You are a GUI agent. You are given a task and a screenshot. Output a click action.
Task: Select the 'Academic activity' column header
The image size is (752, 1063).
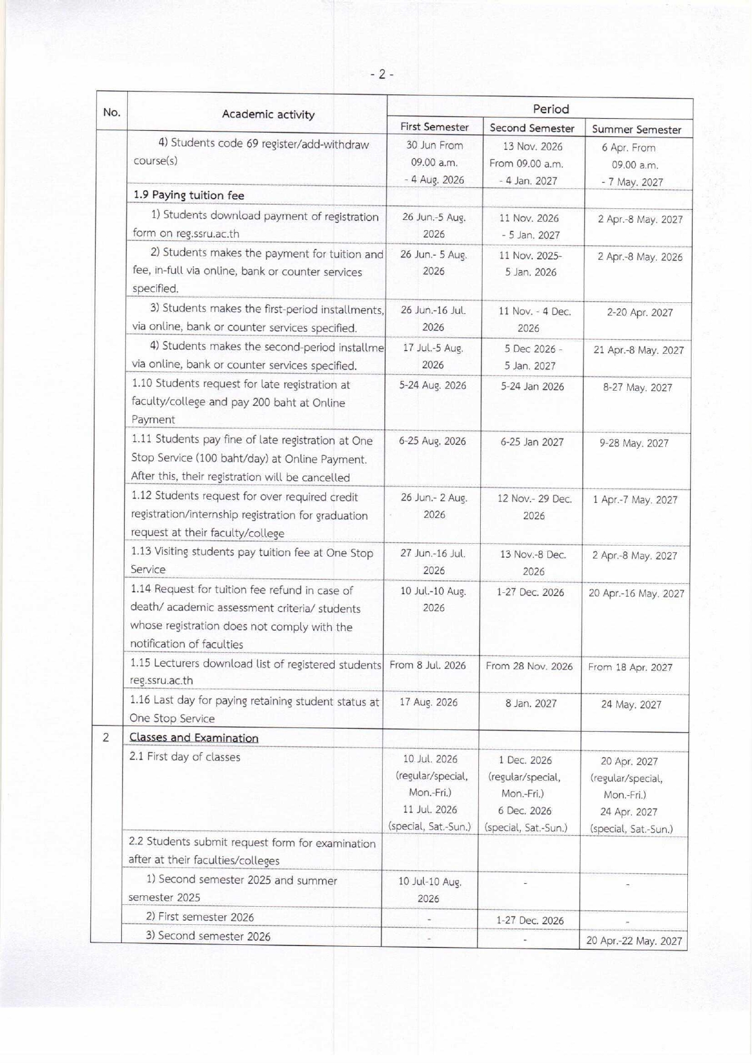click(268, 114)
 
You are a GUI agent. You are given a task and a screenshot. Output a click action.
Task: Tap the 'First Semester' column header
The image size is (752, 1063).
click(434, 127)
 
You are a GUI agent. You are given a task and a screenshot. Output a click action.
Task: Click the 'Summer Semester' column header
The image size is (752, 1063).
click(636, 129)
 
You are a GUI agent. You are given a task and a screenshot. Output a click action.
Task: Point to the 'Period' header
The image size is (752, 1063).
click(550, 109)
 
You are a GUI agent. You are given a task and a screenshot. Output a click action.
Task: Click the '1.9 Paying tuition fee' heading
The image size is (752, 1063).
click(189, 195)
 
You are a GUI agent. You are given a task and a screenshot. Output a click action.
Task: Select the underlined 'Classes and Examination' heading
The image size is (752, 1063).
click(194, 738)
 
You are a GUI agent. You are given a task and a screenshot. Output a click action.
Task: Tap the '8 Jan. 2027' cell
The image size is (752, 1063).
click(531, 704)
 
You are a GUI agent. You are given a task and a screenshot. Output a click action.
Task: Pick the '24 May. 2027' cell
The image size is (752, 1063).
click(631, 704)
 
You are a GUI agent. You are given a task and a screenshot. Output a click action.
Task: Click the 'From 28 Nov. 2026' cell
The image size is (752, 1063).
click(529, 666)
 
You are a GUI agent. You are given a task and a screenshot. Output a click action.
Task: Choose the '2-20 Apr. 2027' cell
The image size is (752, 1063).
click(640, 313)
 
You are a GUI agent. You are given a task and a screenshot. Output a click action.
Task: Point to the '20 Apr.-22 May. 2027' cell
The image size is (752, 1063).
click(634, 941)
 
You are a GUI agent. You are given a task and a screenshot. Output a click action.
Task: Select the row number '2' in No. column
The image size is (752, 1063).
click(106, 738)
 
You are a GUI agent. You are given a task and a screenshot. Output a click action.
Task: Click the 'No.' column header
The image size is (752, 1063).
click(111, 112)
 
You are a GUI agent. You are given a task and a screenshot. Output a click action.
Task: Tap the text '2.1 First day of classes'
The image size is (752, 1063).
click(185, 757)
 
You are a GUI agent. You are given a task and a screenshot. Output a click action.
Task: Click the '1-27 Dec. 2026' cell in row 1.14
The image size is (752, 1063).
click(530, 592)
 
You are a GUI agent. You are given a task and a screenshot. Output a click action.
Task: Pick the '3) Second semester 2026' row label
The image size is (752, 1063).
click(208, 936)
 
